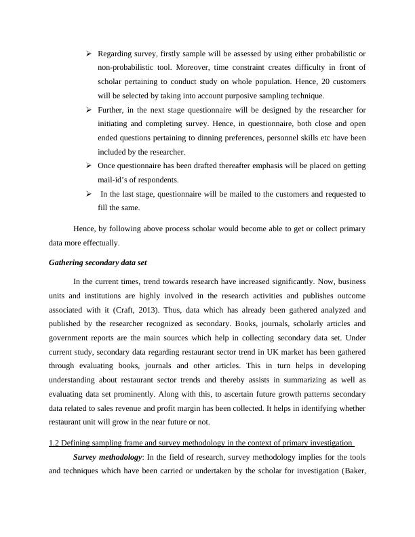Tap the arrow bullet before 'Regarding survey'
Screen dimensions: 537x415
point(89,53)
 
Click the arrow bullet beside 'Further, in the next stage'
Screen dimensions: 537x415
point(89,110)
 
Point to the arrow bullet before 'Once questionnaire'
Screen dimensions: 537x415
point(89,166)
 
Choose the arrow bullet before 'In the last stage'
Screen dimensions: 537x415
point(89,195)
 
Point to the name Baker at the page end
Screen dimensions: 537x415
point(353,471)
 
